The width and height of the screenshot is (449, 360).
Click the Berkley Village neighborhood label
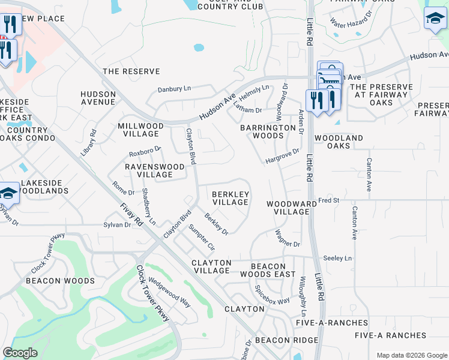click(231, 198)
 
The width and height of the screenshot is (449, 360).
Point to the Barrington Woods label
click(261, 131)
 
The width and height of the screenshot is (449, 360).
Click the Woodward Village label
click(291, 208)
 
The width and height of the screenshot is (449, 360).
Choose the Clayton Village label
click(211, 266)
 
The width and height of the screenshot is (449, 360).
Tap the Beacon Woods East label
click(273, 270)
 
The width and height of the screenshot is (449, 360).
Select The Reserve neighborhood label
click(131, 71)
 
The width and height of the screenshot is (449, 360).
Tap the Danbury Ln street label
click(173, 89)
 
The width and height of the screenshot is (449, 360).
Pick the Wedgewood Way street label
click(169, 292)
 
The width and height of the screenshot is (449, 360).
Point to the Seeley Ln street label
click(337, 258)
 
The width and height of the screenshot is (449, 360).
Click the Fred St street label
click(329, 200)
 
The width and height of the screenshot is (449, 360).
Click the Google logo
click(20, 353)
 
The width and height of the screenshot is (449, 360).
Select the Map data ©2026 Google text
click(411, 355)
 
